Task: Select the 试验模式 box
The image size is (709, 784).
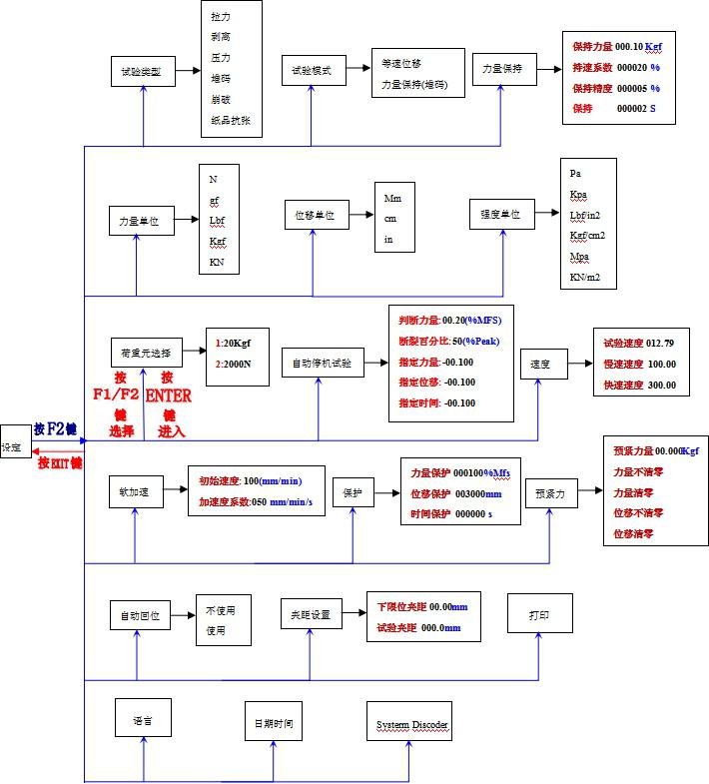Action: click(x=311, y=72)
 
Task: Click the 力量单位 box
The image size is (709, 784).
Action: click(x=140, y=221)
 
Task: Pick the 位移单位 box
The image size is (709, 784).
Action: click(x=315, y=214)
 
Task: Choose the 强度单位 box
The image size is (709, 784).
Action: click(x=500, y=214)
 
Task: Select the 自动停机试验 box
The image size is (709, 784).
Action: click(x=317, y=364)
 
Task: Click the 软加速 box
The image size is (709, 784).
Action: click(x=134, y=490)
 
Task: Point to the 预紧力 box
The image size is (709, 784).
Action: click(x=550, y=493)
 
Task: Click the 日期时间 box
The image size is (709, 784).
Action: click(x=273, y=722)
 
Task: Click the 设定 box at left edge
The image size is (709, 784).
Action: click(x=12, y=448)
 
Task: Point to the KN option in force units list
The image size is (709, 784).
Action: click(x=217, y=263)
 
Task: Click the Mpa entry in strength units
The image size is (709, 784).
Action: click(x=579, y=257)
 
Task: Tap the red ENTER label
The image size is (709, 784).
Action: click(x=168, y=394)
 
